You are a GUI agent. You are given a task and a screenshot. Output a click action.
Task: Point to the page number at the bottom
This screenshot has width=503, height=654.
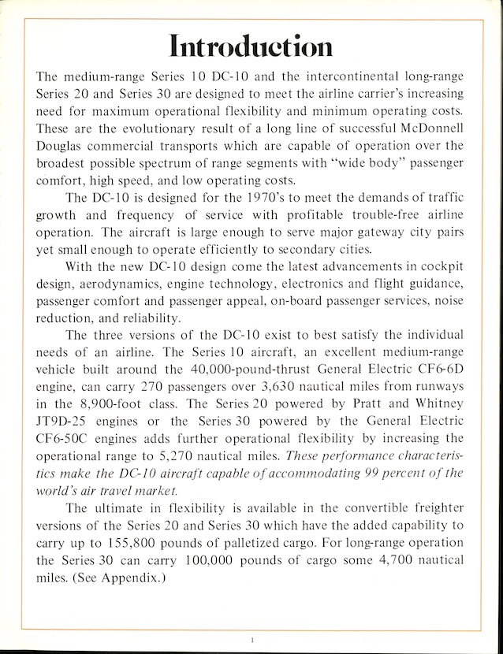pyautogui.click(x=251, y=641)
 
